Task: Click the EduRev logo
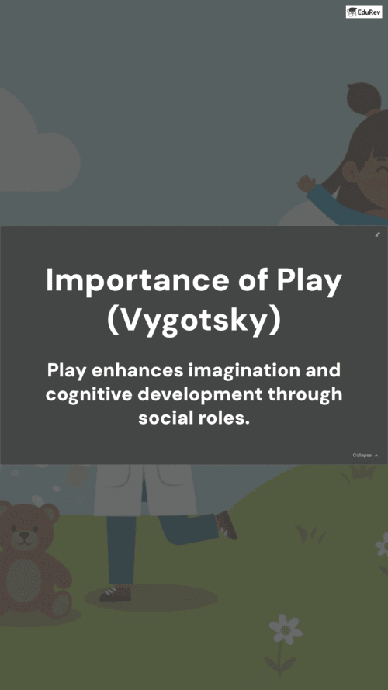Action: [x=364, y=12]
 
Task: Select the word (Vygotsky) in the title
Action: [x=193, y=322]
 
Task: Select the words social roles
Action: [x=194, y=418]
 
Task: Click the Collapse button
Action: [x=365, y=456]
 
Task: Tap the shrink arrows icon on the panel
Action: [x=377, y=234]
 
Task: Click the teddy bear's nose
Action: [x=25, y=535]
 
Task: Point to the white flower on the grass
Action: [x=286, y=629]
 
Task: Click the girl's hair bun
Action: [x=362, y=98]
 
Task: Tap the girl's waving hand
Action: [x=307, y=183]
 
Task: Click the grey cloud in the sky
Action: [x=35, y=145]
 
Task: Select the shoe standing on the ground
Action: [x=115, y=593]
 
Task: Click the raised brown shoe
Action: [x=227, y=525]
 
